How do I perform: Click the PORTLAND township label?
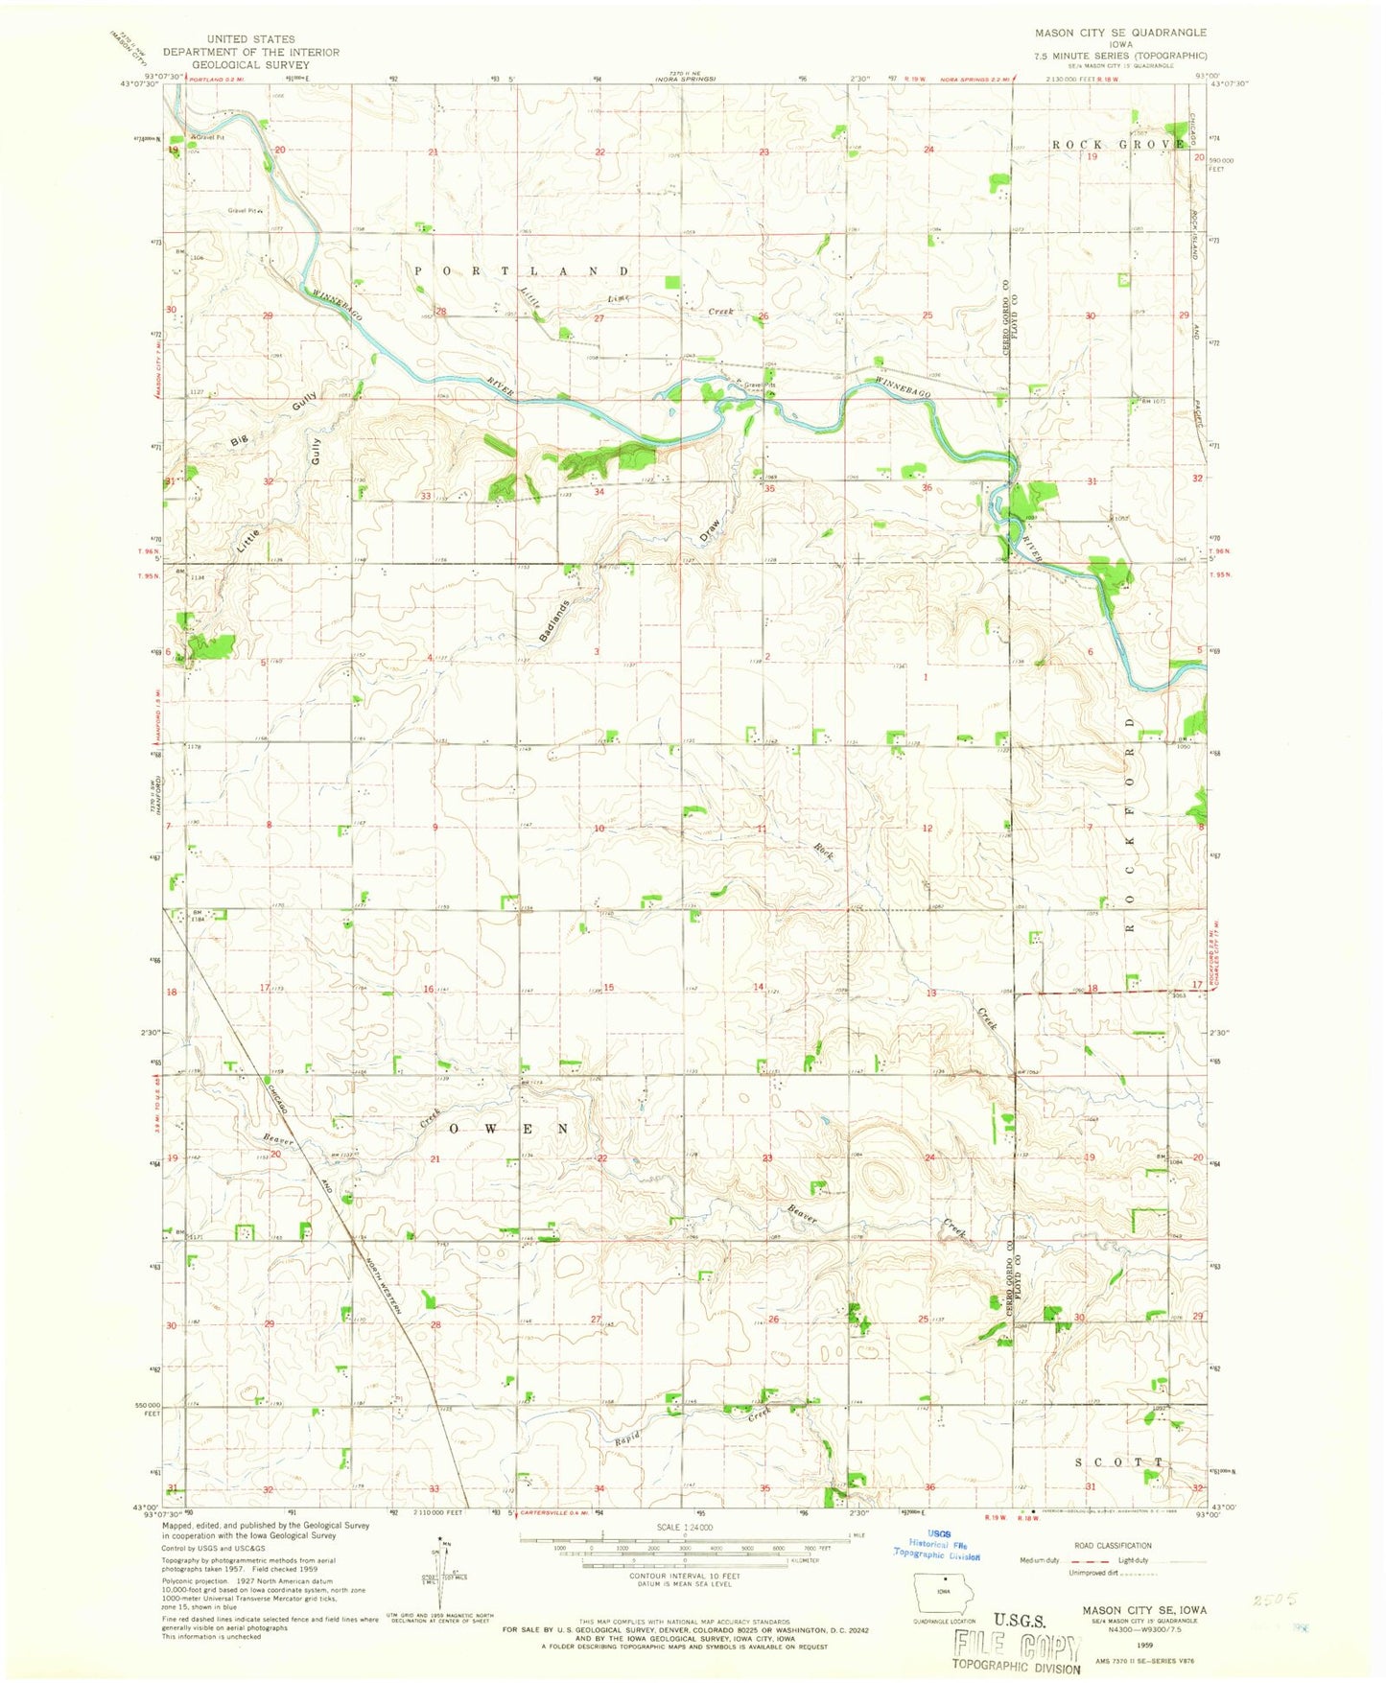pyautogui.click(x=523, y=271)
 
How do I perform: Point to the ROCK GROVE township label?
pyautogui.click(x=1118, y=144)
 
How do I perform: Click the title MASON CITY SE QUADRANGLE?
pyautogui.click(x=1120, y=33)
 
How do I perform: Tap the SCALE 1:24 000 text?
pyautogui.click(x=680, y=1554)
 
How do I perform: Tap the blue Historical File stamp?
pyautogui.click(x=937, y=1551)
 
